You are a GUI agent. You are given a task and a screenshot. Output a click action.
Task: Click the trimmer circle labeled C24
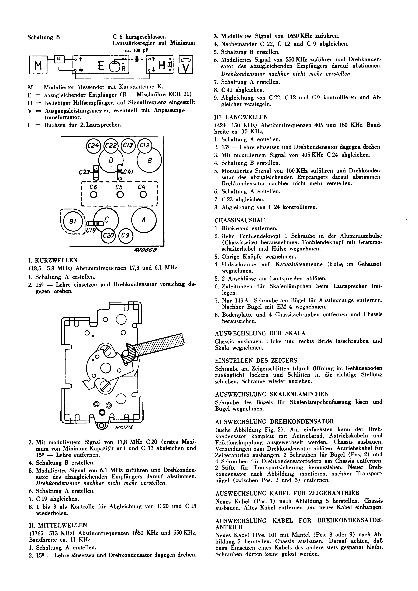pos(93,146)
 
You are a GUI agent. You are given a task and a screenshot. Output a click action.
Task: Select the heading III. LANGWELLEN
pos(241,117)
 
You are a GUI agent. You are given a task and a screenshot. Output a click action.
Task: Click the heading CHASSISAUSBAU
pos(240,220)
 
